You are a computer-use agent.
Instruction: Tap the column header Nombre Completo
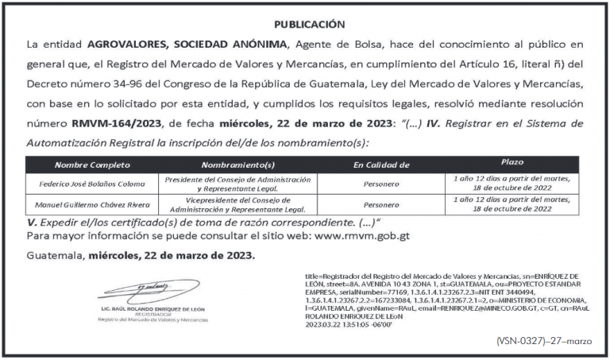pyautogui.click(x=91, y=165)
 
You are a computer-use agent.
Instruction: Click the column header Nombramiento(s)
pyautogui.click(x=238, y=165)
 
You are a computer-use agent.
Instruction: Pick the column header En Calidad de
pyautogui.click(x=380, y=165)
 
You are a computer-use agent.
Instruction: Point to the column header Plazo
pyautogui.click(x=512, y=162)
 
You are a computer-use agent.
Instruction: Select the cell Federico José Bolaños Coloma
pyautogui.click(x=91, y=184)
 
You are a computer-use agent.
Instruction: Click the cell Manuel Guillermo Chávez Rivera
pyautogui.click(x=91, y=205)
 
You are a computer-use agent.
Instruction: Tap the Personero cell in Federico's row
pyautogui.click(x=380, y=184)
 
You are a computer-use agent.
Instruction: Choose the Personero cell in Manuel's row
pyautogui.click(x=380, y=205)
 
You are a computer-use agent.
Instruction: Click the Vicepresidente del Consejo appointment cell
pyautogui.click(x=238, y=205)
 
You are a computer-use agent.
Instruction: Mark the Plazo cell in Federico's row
pyautogui.click(x=512, y=184)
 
